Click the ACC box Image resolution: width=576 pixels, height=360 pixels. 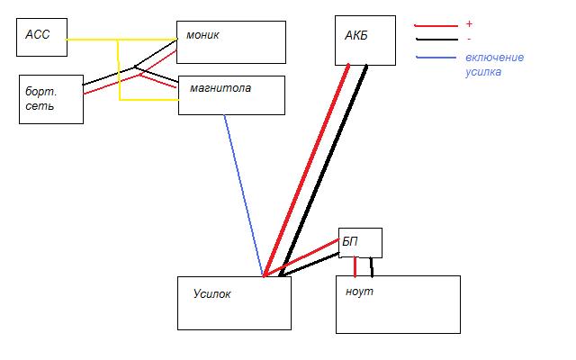(41, 39)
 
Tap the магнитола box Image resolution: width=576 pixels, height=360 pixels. (231, 95)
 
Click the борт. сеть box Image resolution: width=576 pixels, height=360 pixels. (51, 99)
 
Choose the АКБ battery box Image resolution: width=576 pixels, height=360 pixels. (364, 40)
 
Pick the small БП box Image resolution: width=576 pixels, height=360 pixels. (360, 242)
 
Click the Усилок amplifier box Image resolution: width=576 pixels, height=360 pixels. (234, 302)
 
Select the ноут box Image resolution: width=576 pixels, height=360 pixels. (397, 304)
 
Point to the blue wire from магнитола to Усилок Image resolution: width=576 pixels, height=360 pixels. (243, 193)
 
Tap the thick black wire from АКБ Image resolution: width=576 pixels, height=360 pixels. (324, 171)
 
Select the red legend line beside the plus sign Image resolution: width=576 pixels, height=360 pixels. (436, 25)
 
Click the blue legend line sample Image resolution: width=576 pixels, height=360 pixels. (436, 58)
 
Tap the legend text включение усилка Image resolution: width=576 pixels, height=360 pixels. (494, 65)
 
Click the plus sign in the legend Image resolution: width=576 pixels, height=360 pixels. (469, 24)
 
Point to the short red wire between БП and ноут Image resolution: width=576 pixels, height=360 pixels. (355, 266)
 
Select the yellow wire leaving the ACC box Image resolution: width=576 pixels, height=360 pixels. (90, 40)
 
